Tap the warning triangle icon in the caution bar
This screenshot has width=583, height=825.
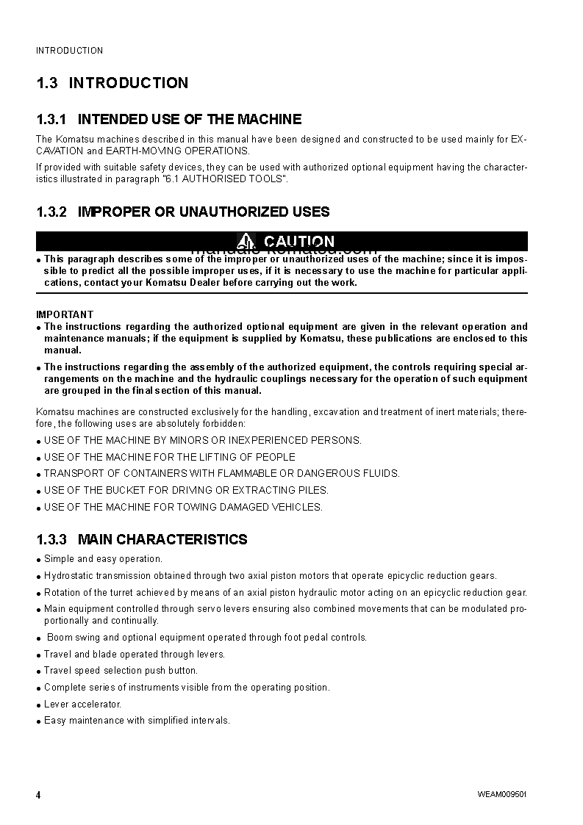pyautogui.click(x=246, y=241)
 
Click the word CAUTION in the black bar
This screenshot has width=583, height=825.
pyautogui.click(x=298, y=242)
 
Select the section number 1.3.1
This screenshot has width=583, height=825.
pyautogui.click(x=51, y=119)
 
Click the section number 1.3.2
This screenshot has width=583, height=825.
pyautogui.click(x=51, y=212)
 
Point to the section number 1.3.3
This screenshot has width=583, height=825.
pyautogui.click(x=51, y=539)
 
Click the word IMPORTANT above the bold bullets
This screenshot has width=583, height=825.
pyautogui.click(x=65, y=314)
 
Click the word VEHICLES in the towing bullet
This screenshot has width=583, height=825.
pyautogui.click(x=298, y=507)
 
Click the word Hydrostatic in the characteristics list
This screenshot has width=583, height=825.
pyautogui.click(x=68, y=576)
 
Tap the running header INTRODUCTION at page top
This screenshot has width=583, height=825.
pyautogui.click(x=70, y=51)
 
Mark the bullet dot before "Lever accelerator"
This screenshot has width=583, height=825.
pyautogui.click(x=38, y=705)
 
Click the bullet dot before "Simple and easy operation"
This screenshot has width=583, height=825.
pyautogui.click(x=38, y=560)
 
